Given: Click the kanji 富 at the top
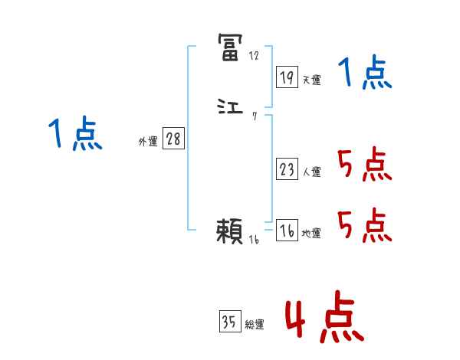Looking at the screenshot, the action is click(231, 47).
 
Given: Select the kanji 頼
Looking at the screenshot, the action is click(231, 231).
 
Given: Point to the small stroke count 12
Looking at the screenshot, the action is click(254, 56).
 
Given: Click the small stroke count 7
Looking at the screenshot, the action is click(254, 116).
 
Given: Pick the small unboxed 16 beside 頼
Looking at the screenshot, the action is click(255, 240).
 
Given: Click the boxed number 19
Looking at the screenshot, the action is click(287, 77).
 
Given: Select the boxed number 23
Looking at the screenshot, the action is click(287, 169).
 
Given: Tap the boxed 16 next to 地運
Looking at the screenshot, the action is click(287, 231).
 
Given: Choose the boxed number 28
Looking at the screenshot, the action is click(173, 139).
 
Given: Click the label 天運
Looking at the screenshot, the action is click(312, 80).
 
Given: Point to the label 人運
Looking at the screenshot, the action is click(312, 172).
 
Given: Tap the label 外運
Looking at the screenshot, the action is click(148, 142).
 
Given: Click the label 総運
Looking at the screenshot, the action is click(255, 325).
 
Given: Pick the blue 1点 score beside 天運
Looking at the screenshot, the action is click(364, 74).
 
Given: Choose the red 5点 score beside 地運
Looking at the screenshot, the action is click(364, 226).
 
